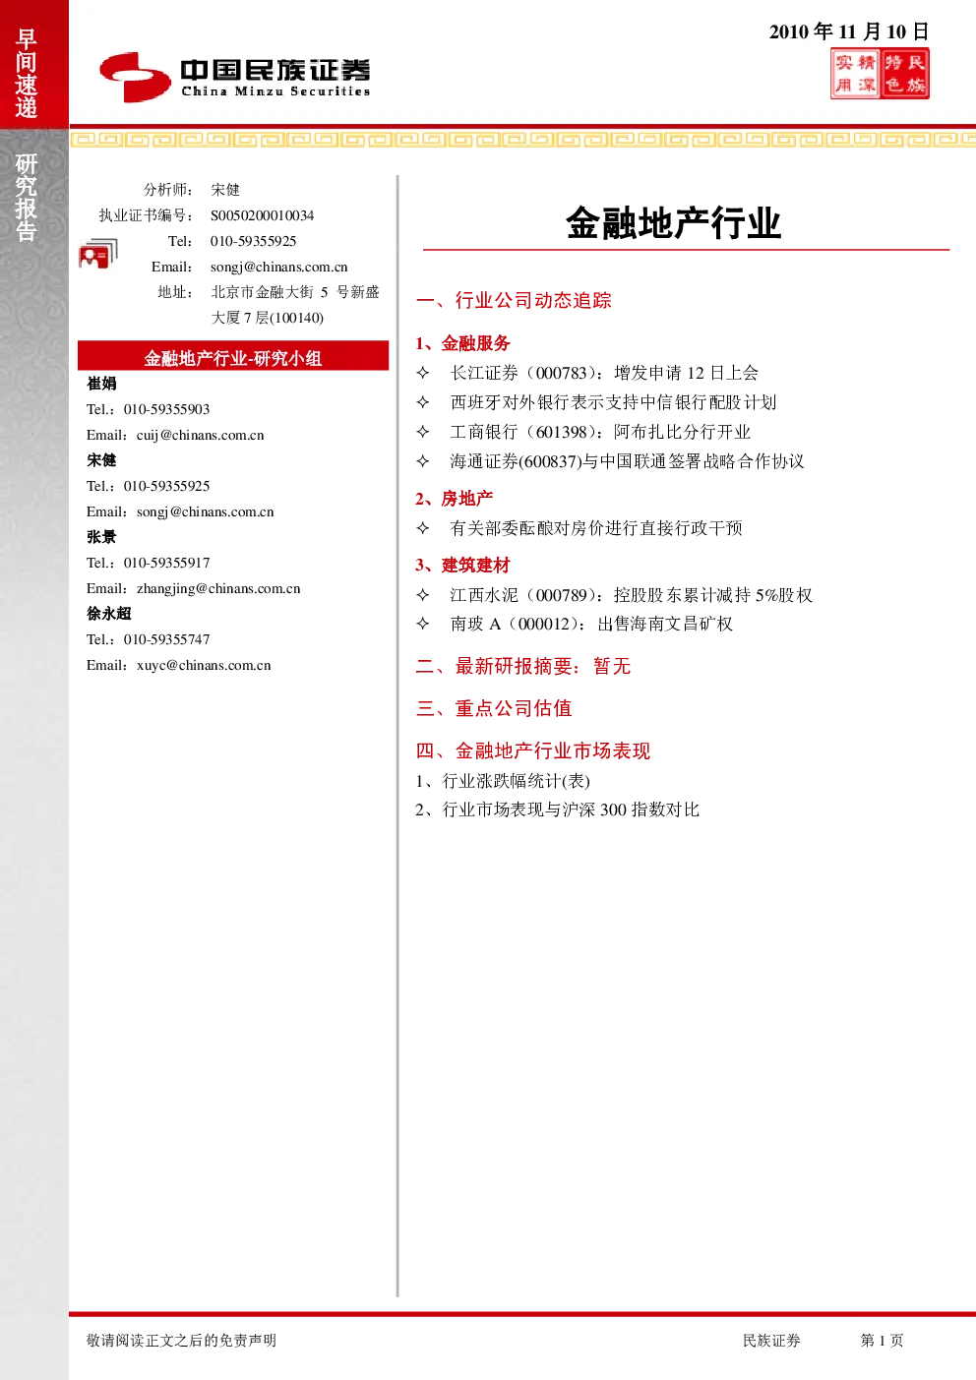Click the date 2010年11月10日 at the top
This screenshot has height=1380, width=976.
point(848,31)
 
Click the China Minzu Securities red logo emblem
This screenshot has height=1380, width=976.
point(135,77)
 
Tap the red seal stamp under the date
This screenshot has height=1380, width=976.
point(880,74)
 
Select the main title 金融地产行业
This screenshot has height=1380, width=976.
point(674,222)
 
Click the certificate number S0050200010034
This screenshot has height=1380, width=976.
point(262,215)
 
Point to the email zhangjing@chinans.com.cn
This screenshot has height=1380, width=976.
point(218,589)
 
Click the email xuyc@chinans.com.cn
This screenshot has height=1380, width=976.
point(204,665)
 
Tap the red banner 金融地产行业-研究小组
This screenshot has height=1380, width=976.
point(233,355)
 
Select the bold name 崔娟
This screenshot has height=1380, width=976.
point(101,384)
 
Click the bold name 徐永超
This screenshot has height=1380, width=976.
point(109,614)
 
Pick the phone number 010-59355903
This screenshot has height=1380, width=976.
point(167,410)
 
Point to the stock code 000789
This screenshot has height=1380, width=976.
point(562,595)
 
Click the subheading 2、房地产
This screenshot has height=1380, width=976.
point(455,499)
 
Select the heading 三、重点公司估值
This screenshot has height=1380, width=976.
point(494,708)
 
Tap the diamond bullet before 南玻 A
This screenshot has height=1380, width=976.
point(423,624)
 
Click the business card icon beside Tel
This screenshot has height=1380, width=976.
point(98,254)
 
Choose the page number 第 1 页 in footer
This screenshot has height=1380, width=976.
point(882,1340)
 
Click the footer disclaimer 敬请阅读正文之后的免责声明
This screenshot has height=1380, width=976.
point(181,1340)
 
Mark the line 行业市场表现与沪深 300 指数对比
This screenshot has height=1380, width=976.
point(571,810)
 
